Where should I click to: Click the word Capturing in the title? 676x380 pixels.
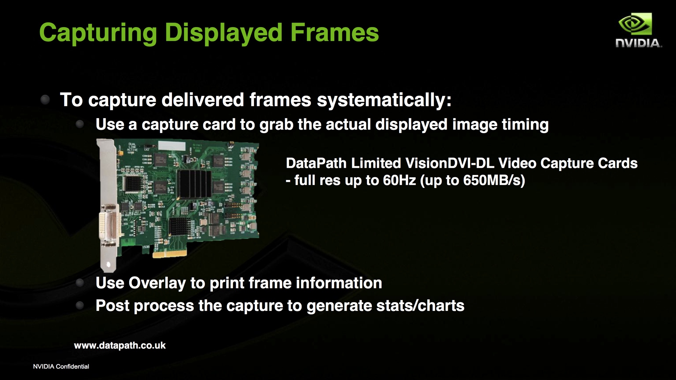click(98, 33)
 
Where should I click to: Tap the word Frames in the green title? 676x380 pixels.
click(334, 32)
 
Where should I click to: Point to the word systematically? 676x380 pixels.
click(384, 100)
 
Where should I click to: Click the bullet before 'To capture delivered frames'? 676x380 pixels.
click(45, 99)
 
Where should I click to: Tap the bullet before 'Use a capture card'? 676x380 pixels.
click(80, 124)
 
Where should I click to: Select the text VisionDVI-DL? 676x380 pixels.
click(449, 163)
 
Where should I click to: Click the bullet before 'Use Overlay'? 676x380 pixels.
click(80, 283)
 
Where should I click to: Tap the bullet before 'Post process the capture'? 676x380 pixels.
click(80, 306)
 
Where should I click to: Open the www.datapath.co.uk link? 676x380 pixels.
click(120, 345)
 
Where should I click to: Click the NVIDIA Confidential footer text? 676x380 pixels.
click(61, 366)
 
